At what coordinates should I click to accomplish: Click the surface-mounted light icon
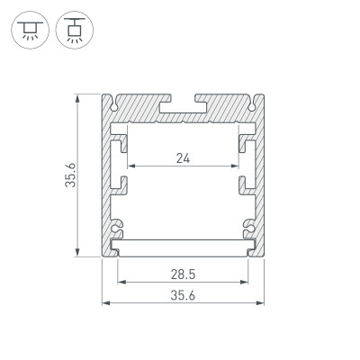(x=31, y=31)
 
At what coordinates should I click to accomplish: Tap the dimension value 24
(x=184, y=158)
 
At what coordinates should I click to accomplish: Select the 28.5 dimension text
(x=184, y=273)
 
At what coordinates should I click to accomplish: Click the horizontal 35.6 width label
(x=184, y=295)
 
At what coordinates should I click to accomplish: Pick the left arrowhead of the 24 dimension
(x=131, y=167)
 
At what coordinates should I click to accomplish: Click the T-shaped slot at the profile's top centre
(x=184, y=103)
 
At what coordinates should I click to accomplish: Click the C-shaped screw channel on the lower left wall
(x=117, y=225)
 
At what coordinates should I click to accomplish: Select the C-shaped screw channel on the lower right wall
(x=250, y=225)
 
